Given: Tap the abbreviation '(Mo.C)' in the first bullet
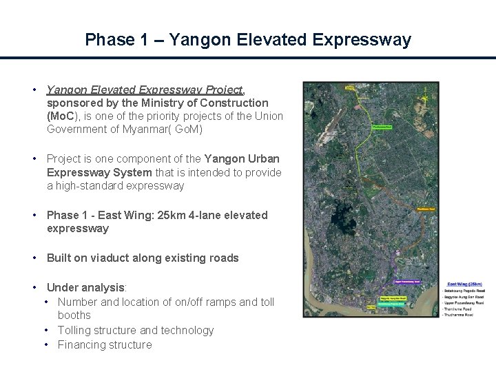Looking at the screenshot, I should coord(65,116).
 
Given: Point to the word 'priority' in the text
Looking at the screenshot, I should coord(164,116).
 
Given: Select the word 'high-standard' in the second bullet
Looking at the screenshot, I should coord(89,185).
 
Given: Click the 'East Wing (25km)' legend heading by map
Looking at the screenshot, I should coord(464,284).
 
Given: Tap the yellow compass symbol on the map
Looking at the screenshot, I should coord(433,97).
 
